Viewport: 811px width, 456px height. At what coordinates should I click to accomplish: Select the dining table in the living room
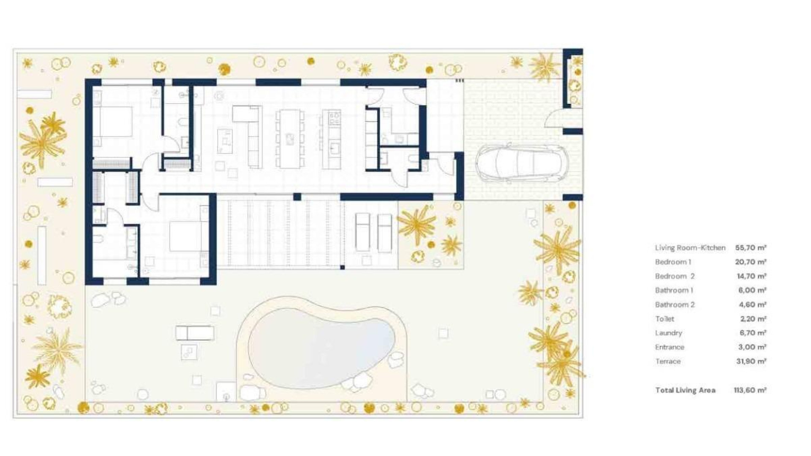(290, 139)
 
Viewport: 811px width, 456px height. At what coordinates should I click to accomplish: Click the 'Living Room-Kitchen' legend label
(690, 248)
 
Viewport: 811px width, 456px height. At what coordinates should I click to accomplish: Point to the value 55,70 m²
(751, 248)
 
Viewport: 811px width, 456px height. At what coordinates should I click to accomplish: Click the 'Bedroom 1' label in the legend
(673, 262)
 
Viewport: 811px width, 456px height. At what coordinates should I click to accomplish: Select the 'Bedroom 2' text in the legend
(675, 276)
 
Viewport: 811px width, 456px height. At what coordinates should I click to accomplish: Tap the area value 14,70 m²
(751, 276)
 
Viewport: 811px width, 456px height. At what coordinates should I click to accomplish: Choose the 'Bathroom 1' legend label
(674, 290)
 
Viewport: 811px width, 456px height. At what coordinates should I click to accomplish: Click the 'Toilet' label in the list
(664, 319)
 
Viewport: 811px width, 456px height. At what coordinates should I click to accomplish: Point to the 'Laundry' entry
(668, 333)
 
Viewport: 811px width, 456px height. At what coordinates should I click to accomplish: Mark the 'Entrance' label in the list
(669, 347)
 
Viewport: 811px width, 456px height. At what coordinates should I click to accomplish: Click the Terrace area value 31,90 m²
(751, 361)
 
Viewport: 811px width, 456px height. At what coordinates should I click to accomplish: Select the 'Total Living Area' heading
(685, 390)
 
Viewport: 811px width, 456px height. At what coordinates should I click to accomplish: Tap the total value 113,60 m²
(750, 390)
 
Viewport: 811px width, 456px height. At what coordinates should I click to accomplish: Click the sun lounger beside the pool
(195, 333)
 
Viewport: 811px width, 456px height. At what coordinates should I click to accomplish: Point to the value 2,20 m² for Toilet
(752, 319)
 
